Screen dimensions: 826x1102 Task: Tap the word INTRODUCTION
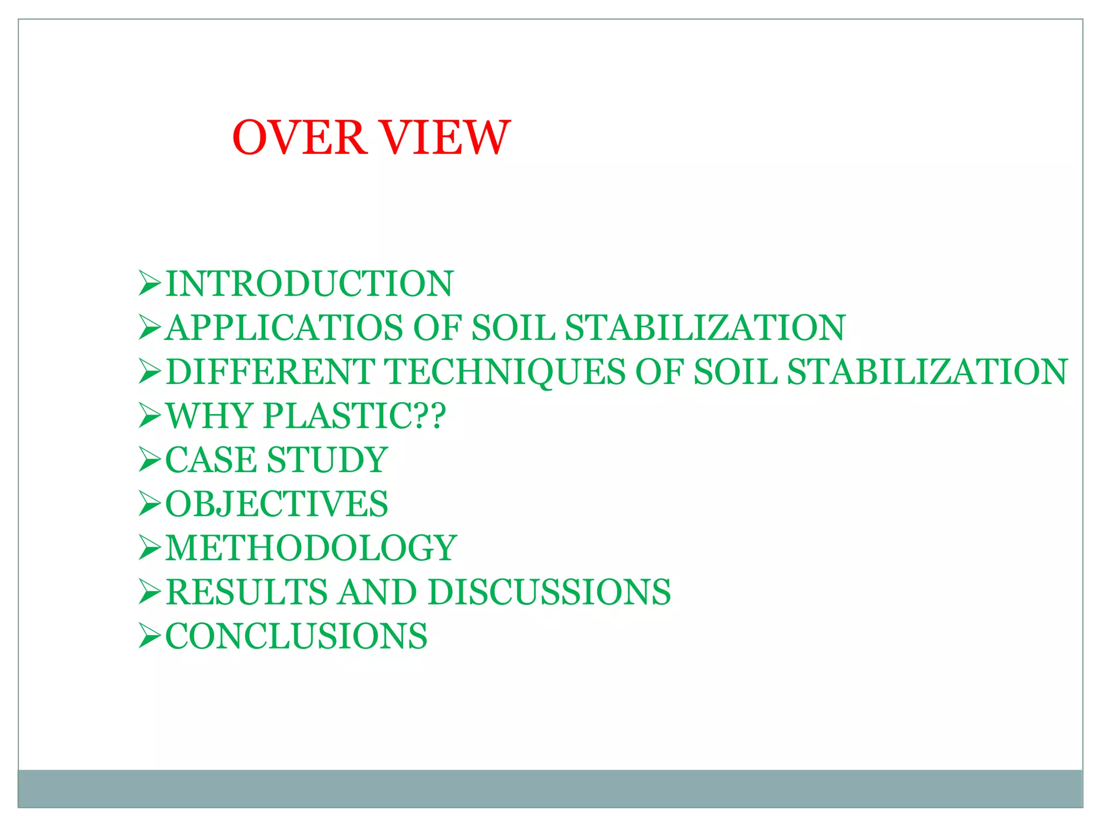coord(309,283)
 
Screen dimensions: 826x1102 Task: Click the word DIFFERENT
coord(271,372)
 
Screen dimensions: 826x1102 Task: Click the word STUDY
coord(327,460)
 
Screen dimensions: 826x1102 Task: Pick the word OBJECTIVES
coord(277,504)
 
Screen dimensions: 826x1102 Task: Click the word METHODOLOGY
coord(311,548)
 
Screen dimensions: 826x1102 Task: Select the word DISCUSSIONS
coord(549,592)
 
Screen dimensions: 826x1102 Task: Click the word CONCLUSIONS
coord(296,636)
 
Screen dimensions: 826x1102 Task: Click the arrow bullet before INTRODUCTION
coord(150,283)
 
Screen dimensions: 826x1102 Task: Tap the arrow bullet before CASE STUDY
coord(150,460)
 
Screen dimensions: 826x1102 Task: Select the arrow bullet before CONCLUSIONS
coord(150,636)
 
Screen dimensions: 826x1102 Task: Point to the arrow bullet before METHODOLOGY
coord(150,548)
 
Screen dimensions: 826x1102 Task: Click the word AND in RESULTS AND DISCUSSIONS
coord(378,592)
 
